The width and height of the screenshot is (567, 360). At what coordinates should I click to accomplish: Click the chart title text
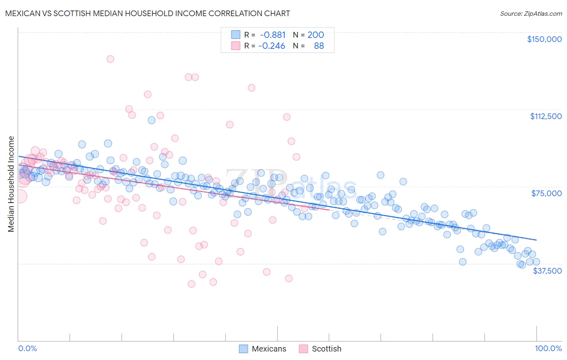[148, 13]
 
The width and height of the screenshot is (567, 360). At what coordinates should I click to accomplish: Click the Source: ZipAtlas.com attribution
[531, 13]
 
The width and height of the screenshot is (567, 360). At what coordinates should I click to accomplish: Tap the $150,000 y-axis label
[544, 39]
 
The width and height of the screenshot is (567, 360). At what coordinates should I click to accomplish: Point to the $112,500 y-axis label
[546, 116]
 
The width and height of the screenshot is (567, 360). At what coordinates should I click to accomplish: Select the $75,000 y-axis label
[546, 193]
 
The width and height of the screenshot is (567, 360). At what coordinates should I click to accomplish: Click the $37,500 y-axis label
[547, 271]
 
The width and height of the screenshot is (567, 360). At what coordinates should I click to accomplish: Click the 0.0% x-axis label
[27, 348]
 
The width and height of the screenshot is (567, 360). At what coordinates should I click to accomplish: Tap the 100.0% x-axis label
[548, 348]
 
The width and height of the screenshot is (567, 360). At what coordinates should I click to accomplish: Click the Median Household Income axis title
[11, 184]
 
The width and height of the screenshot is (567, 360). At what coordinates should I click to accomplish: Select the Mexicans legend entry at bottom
[263, 349]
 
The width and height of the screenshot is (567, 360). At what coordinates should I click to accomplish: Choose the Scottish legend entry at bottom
[320, 349]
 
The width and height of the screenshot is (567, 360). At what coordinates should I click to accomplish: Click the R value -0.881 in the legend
[273, 35]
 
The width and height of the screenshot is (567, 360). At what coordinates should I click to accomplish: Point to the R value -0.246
[272, 46]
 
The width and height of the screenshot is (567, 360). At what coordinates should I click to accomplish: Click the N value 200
[315, 35]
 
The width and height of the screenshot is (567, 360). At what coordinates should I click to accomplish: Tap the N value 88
[319, 46]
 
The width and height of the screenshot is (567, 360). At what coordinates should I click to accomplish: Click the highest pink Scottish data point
[110, 59]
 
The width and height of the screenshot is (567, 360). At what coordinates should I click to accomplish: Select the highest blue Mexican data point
[152, 120]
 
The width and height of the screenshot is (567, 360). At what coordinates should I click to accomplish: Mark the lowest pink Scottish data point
[192, 284]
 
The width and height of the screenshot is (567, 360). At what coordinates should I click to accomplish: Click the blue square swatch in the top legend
[236, 35]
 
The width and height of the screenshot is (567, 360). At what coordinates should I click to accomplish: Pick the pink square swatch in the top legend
[236, 46]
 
